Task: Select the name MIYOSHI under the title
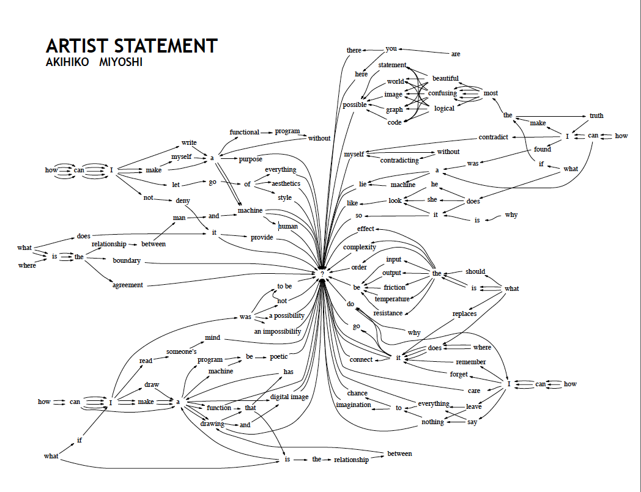(x=120, y=62)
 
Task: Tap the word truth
(x=596, y=116)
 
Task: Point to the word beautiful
(x=445, y=78)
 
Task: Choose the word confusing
(x=442, y=93)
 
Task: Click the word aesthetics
(x=286, y=183)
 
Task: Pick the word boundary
(x=127, y=261)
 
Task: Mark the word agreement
(x=128, y=285)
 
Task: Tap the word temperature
(x=392, y=299)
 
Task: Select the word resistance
(x=388, y=313)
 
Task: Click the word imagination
(x=354, y=405)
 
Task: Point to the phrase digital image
(x=289, y=397)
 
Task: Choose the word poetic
(x=279, y=356)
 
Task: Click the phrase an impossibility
(x=278, y=331)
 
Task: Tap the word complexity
(x=360, y=247)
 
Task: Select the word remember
(x=471, y=362)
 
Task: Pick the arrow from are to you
(x=424, y=51)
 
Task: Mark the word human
(x=288, y=226)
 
